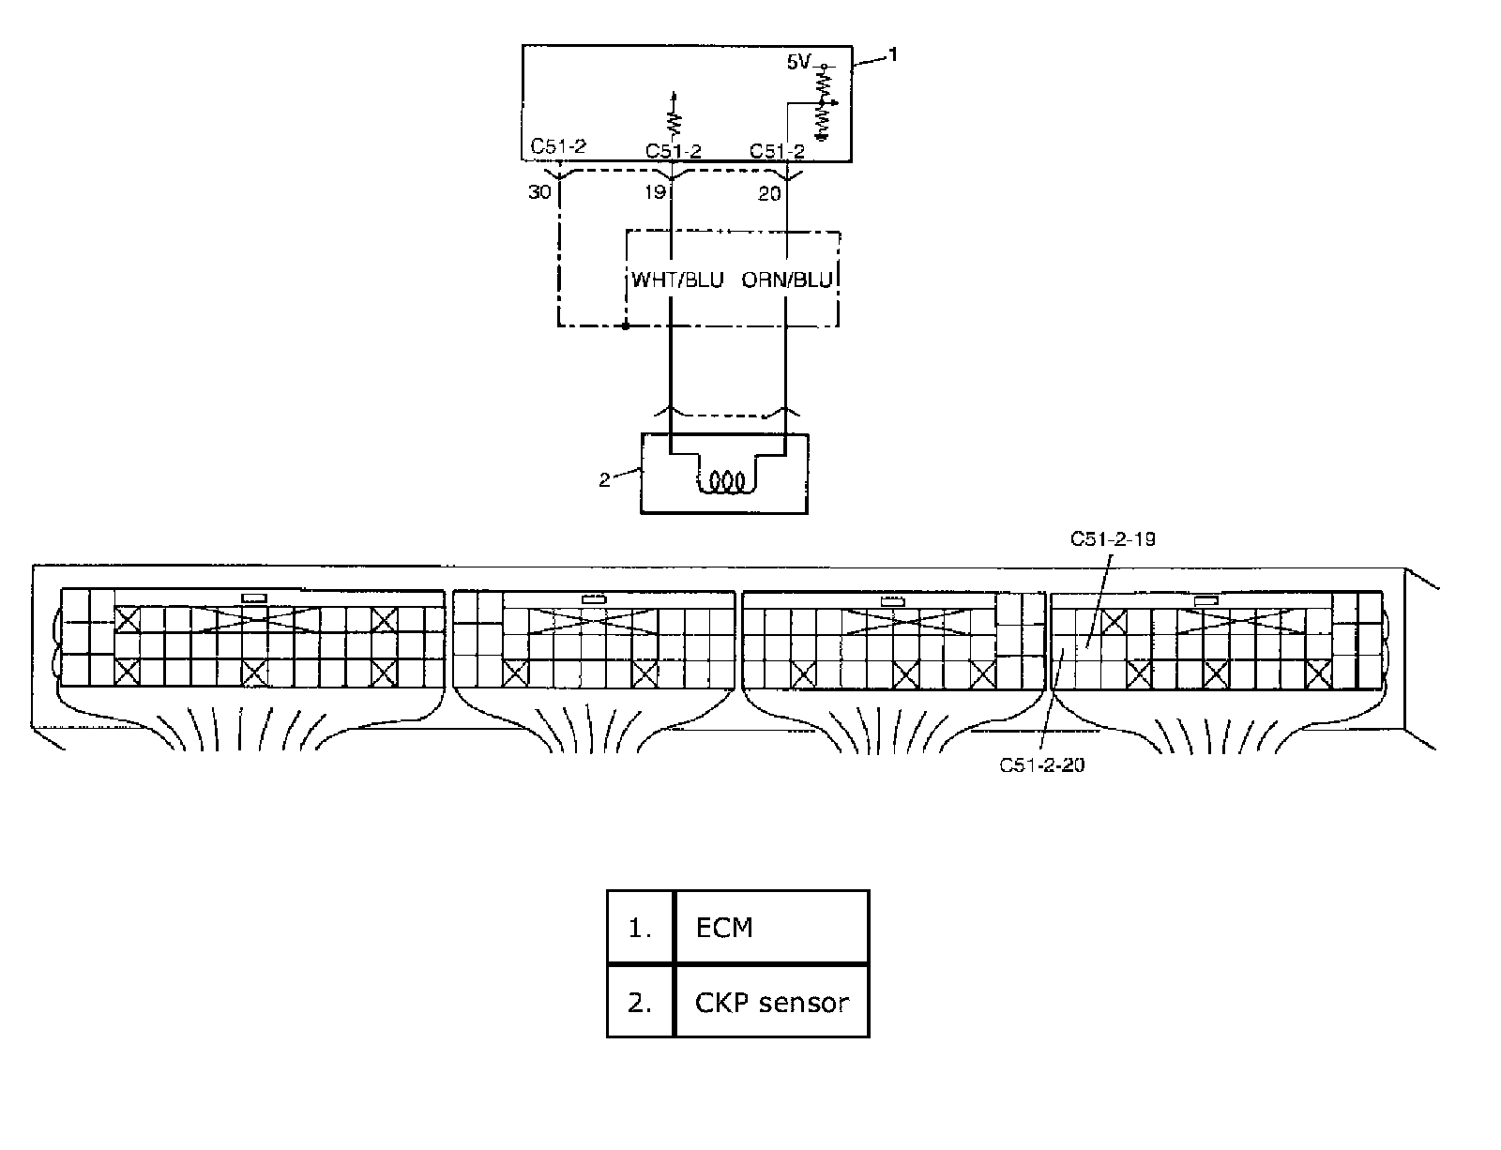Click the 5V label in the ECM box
point(797,63)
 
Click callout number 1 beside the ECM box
point(893,55)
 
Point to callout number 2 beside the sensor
point(605,480)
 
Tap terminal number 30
point(539,193)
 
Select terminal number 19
point(655,193)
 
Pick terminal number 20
point(769,194)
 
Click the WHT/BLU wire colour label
point(677,280)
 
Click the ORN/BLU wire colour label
point(787,280)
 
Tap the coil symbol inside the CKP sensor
point(724,482)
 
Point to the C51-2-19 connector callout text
point(1112,539)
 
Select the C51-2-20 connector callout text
point(1041,764)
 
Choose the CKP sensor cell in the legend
point(771,1002)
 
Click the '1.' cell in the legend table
point(640,928)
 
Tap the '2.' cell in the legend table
point(640,1002)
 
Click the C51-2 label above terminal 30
point(558,146)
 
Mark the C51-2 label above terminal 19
point(674,151)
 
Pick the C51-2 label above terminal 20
point(777,151)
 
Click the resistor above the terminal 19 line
point(673,120)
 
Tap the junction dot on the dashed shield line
point(626,326)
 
